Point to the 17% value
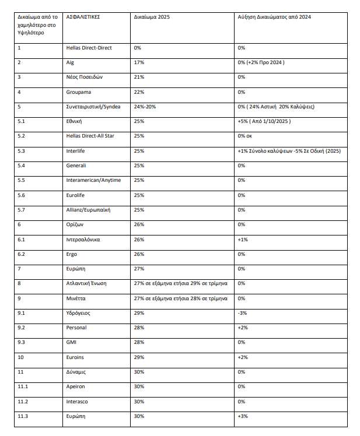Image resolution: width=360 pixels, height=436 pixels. tap(139, 62)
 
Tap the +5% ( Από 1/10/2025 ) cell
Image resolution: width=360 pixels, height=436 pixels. tap(269, 121)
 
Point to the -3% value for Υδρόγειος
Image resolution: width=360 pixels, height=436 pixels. tap(242, 313)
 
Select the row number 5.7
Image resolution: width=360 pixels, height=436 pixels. tap(21, 210)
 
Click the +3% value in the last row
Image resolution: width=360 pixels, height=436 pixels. tap(243, 417)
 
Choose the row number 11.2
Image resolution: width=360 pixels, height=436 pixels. tap(22, 402)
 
